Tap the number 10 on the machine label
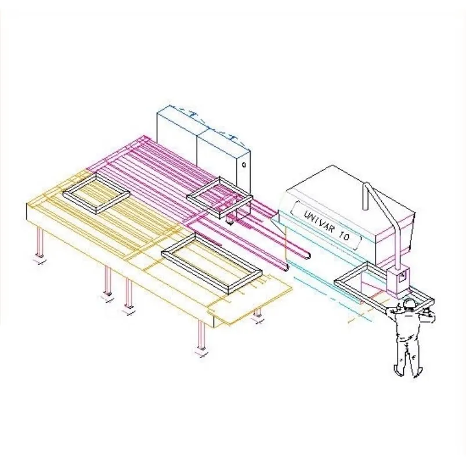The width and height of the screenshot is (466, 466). pyautogui.click(x=345, y=236)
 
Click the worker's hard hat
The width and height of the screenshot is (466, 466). pyautogui.click(x=409, y=302)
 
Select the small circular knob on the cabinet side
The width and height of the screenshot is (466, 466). pyautogui.click(x=244, y=164)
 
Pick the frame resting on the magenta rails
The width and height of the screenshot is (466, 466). pyautogui.click(x=220, y=198)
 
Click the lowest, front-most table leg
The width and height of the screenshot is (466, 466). pyautogui.click(x=201, y=336)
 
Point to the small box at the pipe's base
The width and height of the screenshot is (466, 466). pyautogui.click(x=398, y=279)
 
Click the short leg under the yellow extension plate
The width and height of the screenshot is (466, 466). pyautogui.click(x=257, y=313)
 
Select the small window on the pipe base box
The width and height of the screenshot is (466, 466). pyautogui.click(x=402, y=275)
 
